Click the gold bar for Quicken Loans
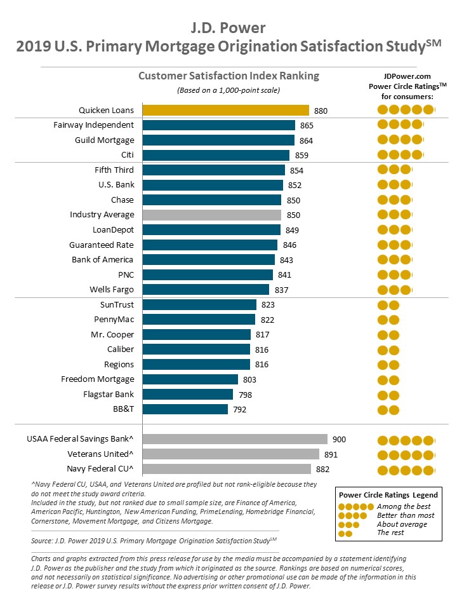225,110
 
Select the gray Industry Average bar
212,215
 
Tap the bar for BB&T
185,409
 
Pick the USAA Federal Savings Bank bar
235,439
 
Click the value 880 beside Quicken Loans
321,111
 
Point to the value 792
239,409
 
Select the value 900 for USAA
339,439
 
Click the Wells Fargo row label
111,290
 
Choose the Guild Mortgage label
105,140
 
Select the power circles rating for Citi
400,155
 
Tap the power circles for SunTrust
388,304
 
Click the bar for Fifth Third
213,170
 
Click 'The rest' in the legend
390,533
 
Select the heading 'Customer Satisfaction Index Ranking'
228,76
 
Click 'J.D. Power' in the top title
228,27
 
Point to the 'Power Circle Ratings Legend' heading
388,494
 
